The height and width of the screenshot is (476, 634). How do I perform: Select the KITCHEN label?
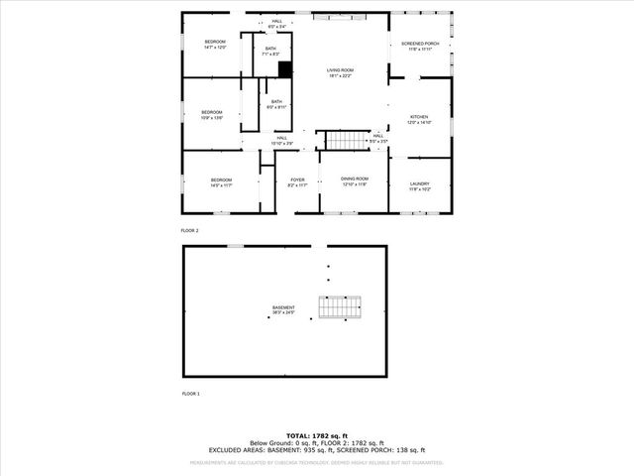(420, 119)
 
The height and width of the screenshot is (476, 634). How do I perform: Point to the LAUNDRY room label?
(419, 184)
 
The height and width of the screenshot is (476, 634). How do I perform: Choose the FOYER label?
(297, 181)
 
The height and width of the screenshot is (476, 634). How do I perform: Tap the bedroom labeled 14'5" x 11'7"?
(220, 181)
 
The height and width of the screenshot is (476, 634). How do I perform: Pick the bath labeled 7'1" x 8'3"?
(270, 51)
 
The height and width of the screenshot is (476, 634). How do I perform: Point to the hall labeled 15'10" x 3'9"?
(282, 140)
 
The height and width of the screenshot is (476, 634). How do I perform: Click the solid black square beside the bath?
(285, 69)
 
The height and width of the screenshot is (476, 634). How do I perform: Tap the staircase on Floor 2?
(347, 140)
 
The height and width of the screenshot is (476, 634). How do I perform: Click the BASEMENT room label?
(283, 309)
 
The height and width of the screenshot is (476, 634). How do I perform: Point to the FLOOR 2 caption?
(190, 230)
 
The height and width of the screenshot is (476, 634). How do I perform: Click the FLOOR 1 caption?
(190, 394)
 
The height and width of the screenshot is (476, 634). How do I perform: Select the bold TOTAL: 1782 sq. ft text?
(317, 435)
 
